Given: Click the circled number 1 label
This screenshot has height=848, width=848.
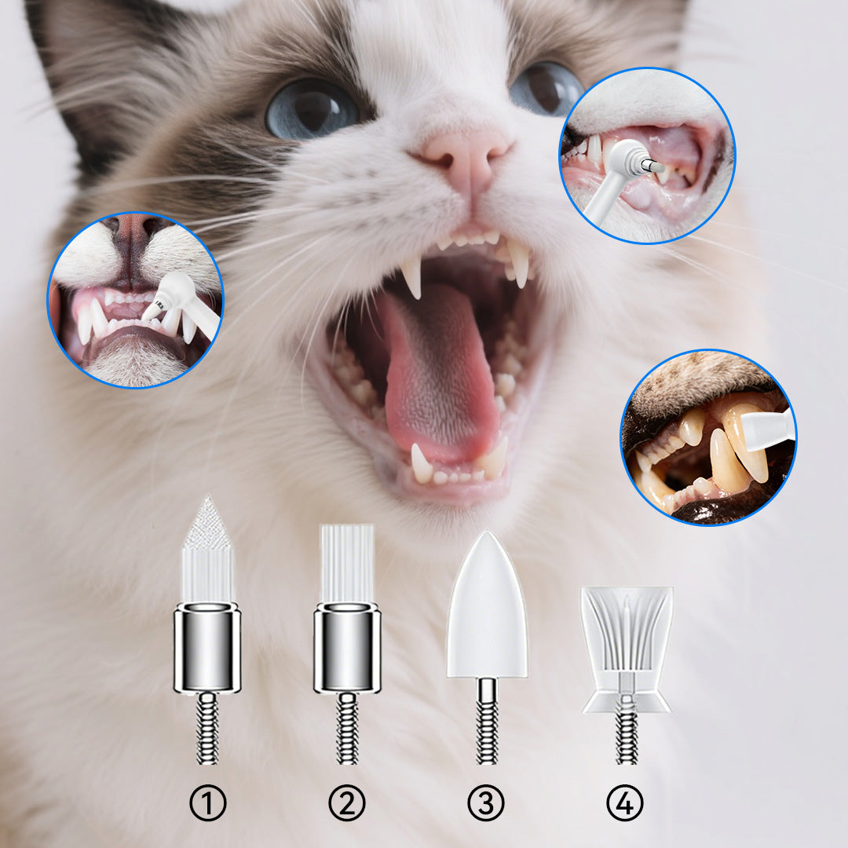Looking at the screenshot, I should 207,803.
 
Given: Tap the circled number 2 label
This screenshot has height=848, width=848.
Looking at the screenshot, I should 347,803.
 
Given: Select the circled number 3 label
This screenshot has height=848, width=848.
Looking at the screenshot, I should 486,803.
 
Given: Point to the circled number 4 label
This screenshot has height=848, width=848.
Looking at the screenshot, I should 625,803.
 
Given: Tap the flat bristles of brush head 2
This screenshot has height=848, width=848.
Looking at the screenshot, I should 347,561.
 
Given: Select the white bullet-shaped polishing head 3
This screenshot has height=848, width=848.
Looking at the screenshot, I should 486,609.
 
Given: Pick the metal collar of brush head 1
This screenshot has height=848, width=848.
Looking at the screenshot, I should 207,648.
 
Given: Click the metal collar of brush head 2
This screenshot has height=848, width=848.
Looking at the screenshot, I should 347,648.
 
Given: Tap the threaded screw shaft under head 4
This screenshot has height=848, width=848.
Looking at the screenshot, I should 626,734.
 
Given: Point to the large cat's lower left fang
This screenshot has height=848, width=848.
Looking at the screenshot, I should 422,463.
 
